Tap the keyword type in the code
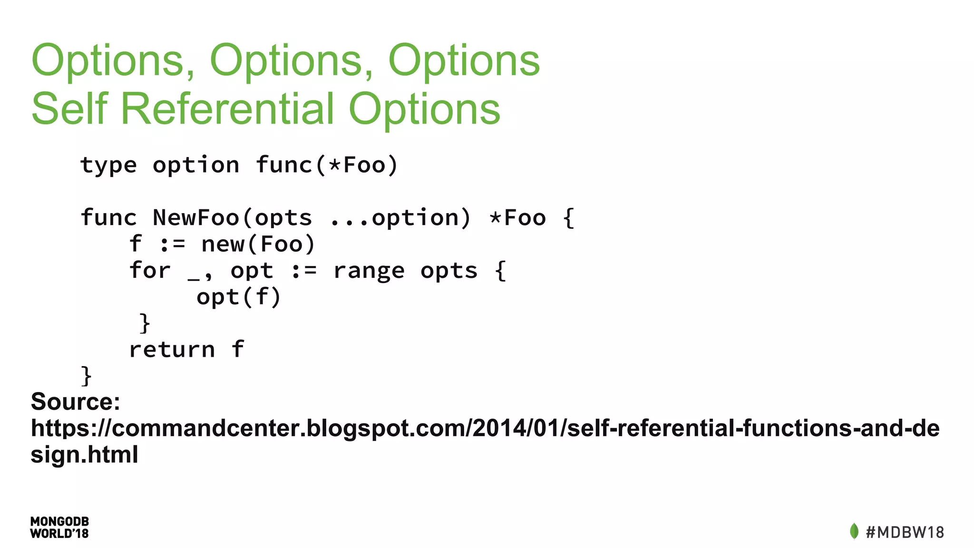tap(109, 166)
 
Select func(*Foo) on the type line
tap(327, 166)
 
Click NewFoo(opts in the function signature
tap(232, 218)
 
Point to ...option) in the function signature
tap(400, 218)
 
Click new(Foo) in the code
tap(258, 245)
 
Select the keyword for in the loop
tap(150, 271)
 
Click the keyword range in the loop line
tap(369, 271)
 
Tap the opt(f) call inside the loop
tap(239, 297)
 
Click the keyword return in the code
tap(172, 350)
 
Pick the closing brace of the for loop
tap(145, 323)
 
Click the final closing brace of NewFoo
tap(86, 376)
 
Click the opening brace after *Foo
tap(568, 218)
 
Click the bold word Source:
tap(76, 401)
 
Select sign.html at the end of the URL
tap(85, 454)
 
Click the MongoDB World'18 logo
tap(59, 528)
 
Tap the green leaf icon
tap(854, 531)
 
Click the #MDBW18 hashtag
tap(905, 532)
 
